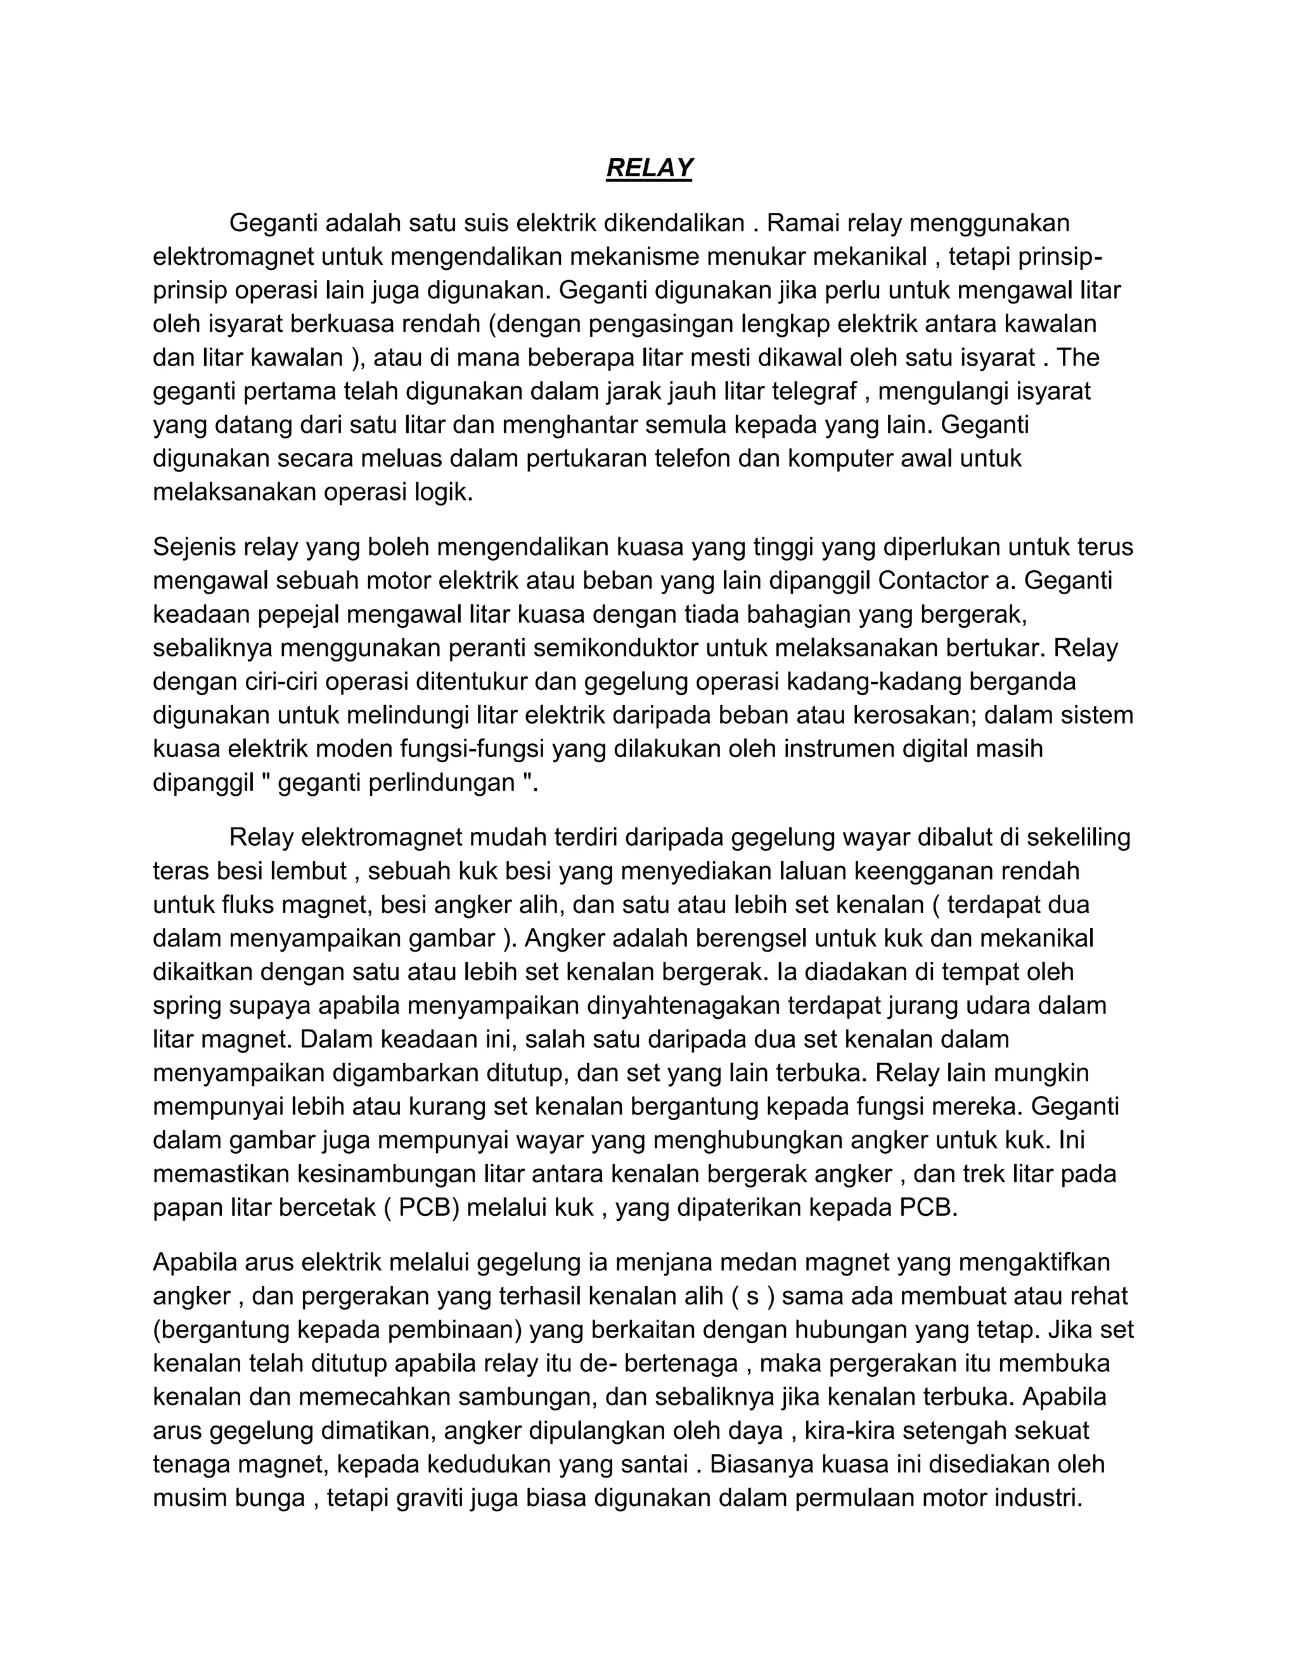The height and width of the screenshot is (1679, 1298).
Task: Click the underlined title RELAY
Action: [649, 168]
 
